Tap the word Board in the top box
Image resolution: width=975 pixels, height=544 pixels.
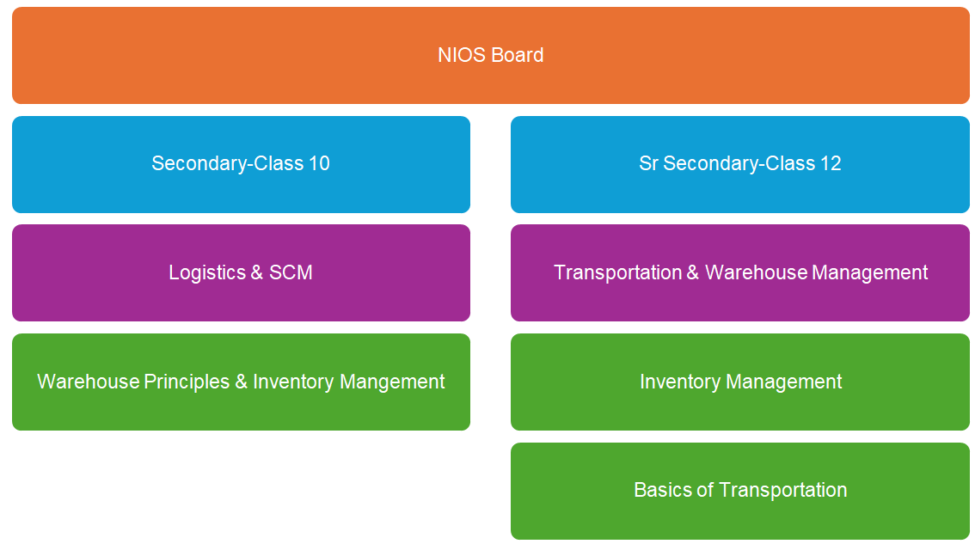coord(518,55)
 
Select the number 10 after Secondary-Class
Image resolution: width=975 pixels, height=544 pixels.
coord(319,163)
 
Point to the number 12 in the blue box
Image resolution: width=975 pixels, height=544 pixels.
coord(831,163)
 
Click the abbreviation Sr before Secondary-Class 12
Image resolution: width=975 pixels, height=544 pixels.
coord(648,163)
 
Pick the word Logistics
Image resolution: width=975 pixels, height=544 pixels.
coord(207,273)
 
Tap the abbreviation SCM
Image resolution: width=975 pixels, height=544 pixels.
coord(291,273)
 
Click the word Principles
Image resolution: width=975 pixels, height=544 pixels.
coord(187,382)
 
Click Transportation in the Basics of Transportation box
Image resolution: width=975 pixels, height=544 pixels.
coord(783,490)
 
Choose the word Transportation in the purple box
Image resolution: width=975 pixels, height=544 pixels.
coord(617,273)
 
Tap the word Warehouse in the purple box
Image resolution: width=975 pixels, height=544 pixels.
coord(756,273)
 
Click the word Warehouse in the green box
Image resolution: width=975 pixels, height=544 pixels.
coord(89,382)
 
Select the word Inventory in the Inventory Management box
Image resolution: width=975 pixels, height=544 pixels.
coord(679,382)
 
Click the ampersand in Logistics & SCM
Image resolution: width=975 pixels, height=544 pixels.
coord(257,273)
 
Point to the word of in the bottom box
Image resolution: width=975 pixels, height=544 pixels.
coord(704,490)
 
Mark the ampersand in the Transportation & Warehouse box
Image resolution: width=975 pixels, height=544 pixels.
coord(693,273)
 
